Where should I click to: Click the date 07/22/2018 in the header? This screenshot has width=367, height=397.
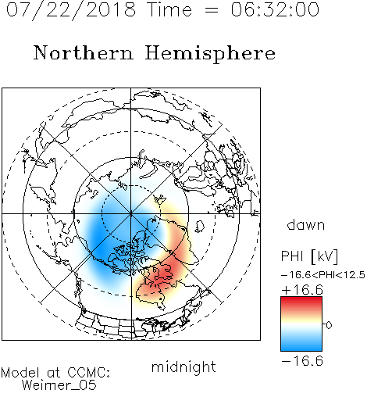[71, 10]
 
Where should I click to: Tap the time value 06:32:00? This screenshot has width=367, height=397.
[275, 9]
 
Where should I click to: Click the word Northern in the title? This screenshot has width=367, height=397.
[84, 52]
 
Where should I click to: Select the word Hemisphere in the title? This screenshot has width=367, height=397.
[210, 54]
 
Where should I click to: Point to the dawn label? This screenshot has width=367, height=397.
[306, 224]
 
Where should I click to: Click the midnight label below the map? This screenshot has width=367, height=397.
[183, 367]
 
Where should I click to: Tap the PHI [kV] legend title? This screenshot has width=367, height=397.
[309, 256]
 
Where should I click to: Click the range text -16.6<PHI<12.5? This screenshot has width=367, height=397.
[323, 275]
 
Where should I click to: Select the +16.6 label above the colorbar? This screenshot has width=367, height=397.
[302, 290]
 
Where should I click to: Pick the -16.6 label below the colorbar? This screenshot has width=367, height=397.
[302, 361]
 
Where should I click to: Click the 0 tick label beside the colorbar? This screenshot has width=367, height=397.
[329, 325]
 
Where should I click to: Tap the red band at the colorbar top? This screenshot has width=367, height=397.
[301, 302]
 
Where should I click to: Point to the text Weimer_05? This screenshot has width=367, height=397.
[59, 385]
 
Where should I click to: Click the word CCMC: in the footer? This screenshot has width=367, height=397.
[88, 373]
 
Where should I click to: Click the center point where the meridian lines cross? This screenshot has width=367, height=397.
[131, 213]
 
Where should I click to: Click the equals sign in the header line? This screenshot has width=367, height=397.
[211, 10]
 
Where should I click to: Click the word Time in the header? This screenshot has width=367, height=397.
[169, 9]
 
